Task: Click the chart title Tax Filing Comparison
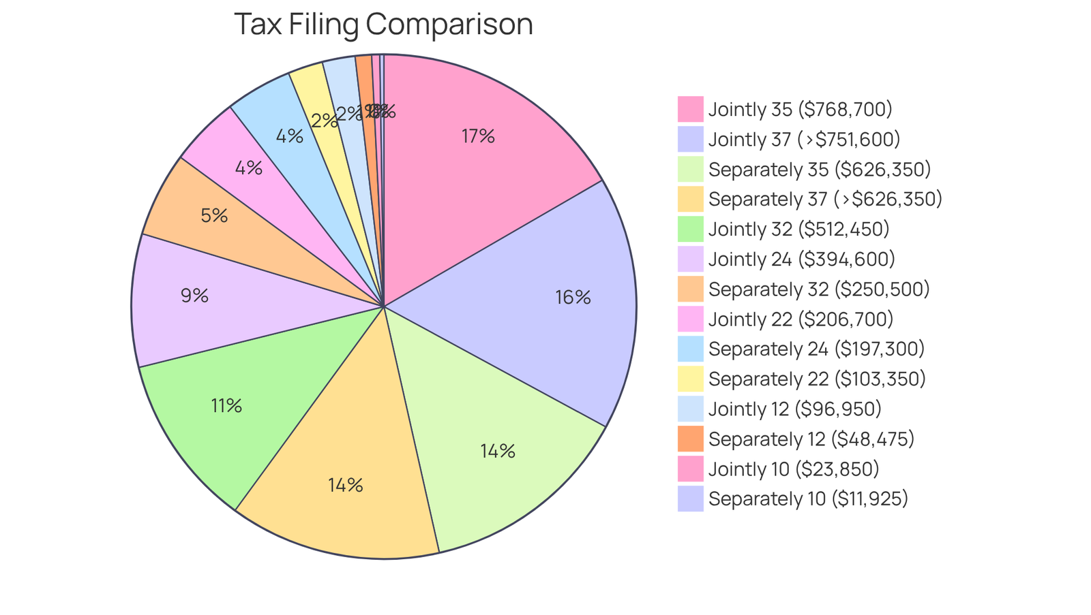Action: pos(383,25)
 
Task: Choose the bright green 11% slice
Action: pos(232,409)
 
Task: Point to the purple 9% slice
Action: pos(198,300)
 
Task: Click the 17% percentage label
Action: pos(477,136)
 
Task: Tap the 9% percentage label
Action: pos(194,296)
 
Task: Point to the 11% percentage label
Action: pos(226,406)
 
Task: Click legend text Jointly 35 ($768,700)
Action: pos(800,109)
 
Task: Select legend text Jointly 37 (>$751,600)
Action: pos(804,139)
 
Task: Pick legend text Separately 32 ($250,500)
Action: pos(819,289)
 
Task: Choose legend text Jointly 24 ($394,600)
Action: pos(801,259)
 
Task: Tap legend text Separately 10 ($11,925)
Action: pos(808,499)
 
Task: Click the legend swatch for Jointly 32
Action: pos(690,229)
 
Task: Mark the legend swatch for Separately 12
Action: pos(690,439)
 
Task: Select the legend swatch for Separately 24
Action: pos(690,349)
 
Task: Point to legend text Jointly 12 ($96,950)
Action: pos(794,409)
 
